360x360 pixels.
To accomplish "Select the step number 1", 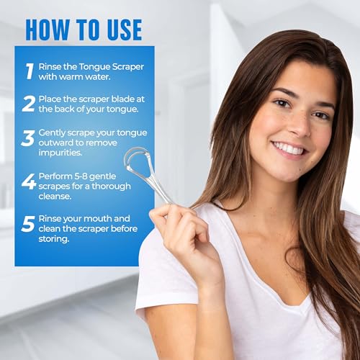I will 30,70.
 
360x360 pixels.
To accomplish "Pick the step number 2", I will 29,104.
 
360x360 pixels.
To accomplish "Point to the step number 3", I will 29,138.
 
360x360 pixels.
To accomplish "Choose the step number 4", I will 29,181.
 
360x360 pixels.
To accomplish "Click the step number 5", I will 29,223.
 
